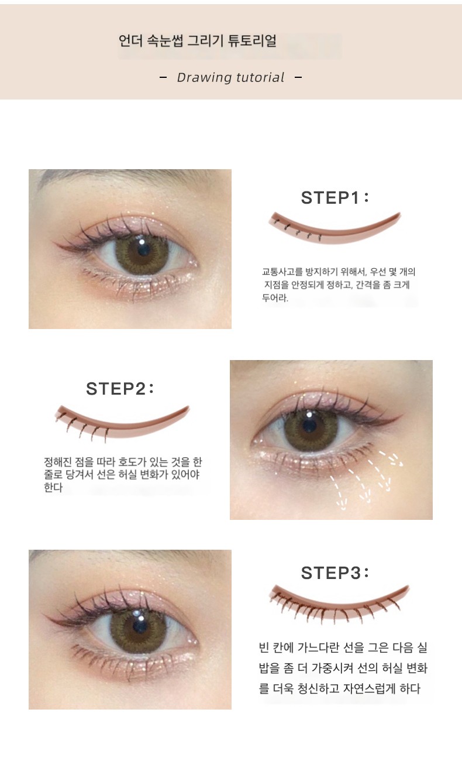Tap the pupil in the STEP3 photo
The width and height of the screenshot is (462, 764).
click(140, 626)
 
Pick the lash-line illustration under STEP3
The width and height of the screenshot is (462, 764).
click(339, 603)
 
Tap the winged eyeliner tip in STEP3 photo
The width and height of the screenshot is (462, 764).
click(44, 614)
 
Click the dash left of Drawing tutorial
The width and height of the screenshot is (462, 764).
click(163, 78)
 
